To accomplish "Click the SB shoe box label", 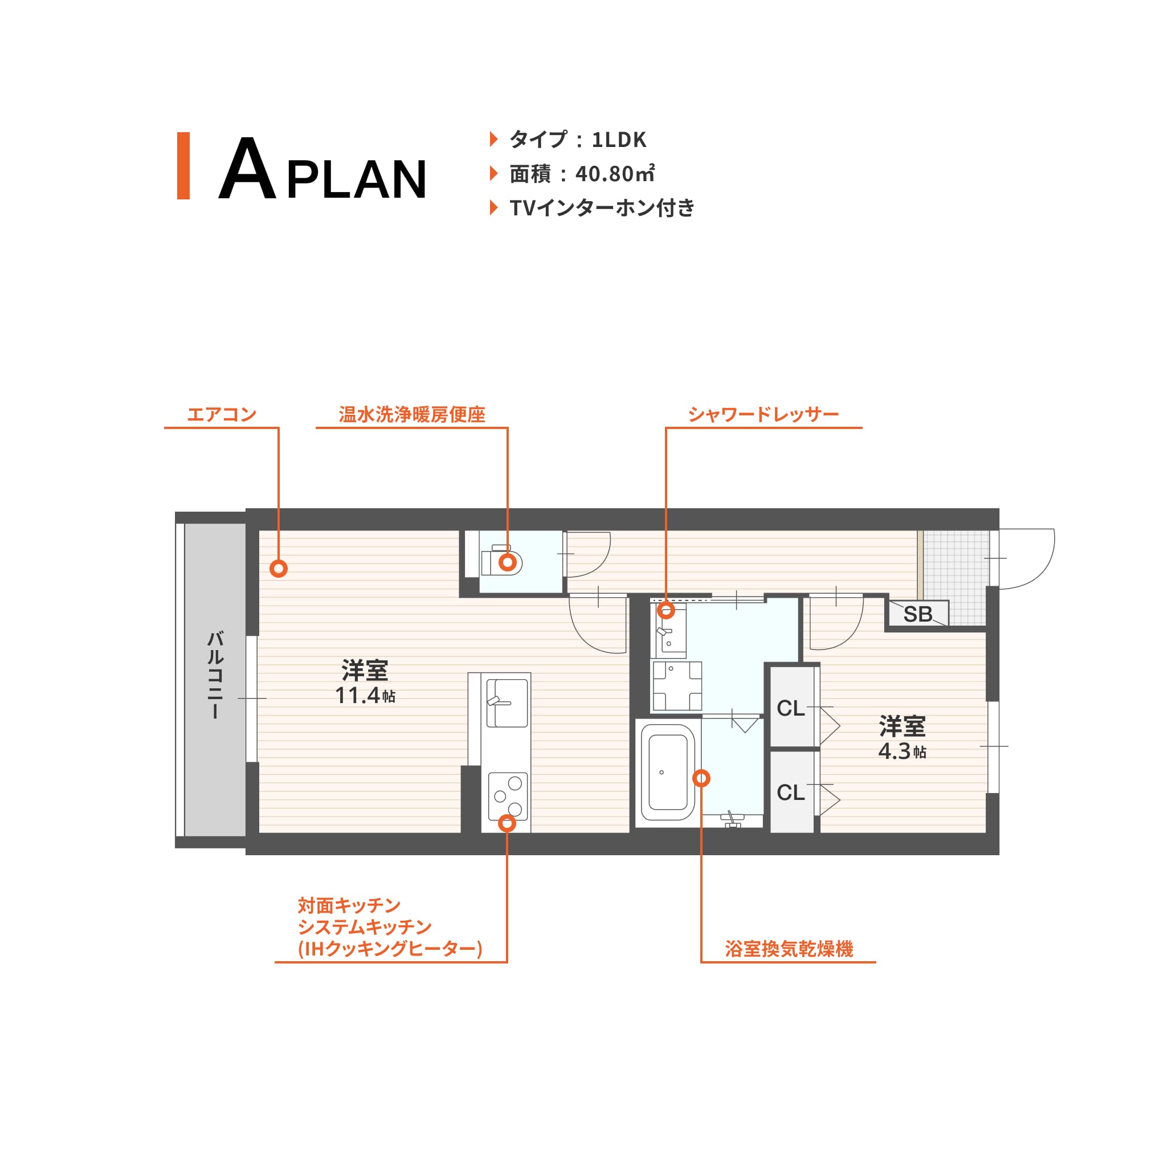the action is [x=917, y=614].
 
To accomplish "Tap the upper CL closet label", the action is [x=791, y=709].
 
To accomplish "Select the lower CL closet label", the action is [x=791, y=793].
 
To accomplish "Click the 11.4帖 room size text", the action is [x=365, y=695].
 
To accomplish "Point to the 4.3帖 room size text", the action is [x=902, y=752].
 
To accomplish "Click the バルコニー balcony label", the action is [x=215, y=675].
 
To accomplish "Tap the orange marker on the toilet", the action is [x=508, y=562].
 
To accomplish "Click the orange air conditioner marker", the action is [x=279, y=569].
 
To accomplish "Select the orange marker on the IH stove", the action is [x=507, y=823].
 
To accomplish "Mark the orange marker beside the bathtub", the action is [x=701, y=778].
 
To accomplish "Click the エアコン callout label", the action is [x=222, y=415].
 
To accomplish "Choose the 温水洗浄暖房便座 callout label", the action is [x=412, y=415].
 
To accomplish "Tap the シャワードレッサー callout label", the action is [x=763, y=415].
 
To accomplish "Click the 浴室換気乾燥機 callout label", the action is [x=789, y=949].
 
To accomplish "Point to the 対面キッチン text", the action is [x=349, y=906].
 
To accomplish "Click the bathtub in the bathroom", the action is [x=668, y=773].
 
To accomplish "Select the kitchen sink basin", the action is [x=508, y=703].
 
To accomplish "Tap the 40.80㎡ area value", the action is [x=615, y=174].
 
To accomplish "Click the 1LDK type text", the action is [x=619, y=140].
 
